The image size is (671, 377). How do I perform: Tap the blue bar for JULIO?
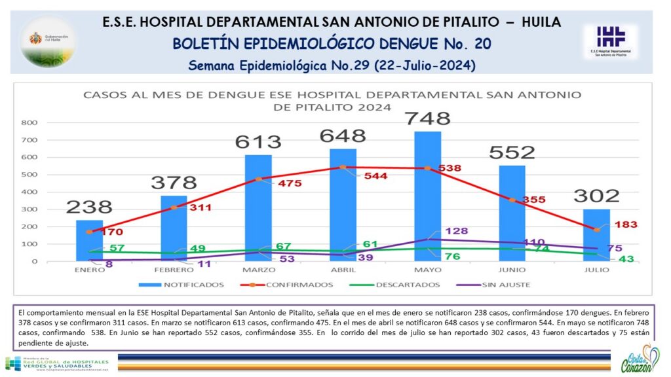point(596,235)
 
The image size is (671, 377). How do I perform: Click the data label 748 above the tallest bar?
point(427,118)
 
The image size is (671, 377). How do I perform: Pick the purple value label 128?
point(457,231)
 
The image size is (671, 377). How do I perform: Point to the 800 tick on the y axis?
point(29,122)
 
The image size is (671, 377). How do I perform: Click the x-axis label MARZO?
point(258,269)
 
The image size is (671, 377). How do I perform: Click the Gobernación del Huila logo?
point(48,41)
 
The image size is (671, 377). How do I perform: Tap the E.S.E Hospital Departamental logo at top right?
point(611,41)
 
